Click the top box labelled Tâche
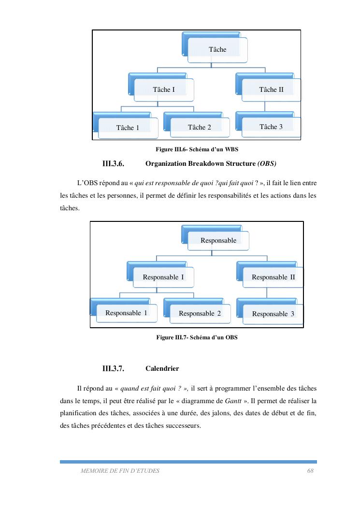[x=217, y=49]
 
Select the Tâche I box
[x=164, y=89]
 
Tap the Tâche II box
[x=271, y=89]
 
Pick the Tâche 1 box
[x=128, y=128]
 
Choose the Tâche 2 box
[x=199, y=127]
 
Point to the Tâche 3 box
[x=271, y=127]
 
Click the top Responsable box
[x=218, y=240]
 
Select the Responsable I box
[x=163, y=277]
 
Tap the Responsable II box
[x=273, y=277]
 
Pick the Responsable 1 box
[x=126, y=313]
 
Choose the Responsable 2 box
[x=200, y=313]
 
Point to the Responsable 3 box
[x=273, y=314]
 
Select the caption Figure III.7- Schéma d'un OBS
[x=197, y=337]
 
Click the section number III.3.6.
[x=114, y=164]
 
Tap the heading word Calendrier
[x=162, y=369]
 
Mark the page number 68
[x=310, y=470]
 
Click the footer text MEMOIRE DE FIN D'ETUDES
[x=120, y=470]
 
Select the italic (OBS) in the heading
[x=267, y=164]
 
